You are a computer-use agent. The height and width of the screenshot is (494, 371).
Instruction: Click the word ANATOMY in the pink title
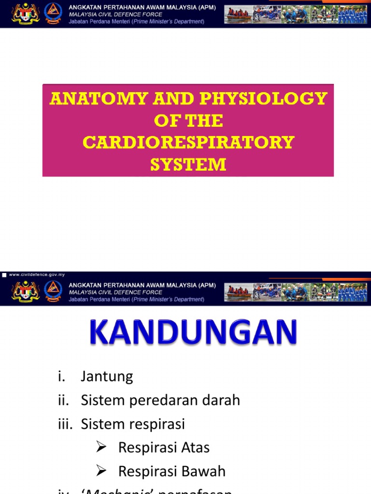[x=94, y=99]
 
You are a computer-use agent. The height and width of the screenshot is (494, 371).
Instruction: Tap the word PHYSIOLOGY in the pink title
[x=253, y=99]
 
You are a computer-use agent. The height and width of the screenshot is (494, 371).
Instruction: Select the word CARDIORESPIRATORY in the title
[x=188, y=142]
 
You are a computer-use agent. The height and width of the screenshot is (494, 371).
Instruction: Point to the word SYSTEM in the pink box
[x=188, y=165]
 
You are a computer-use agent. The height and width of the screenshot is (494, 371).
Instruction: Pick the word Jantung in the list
[x=107, y=376]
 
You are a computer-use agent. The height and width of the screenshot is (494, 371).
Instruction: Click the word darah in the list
[x=218, y=400]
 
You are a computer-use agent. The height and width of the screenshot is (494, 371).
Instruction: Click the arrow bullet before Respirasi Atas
[x=101, y=448]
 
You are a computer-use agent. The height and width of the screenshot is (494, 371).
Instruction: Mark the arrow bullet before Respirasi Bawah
[x=101, y=471]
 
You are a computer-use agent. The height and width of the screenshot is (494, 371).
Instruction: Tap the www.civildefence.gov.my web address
[x=36, y=274]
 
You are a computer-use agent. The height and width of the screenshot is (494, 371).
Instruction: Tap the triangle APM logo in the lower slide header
[x=53, y=291]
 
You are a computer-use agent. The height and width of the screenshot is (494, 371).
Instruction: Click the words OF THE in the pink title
[x=188, y=121]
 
